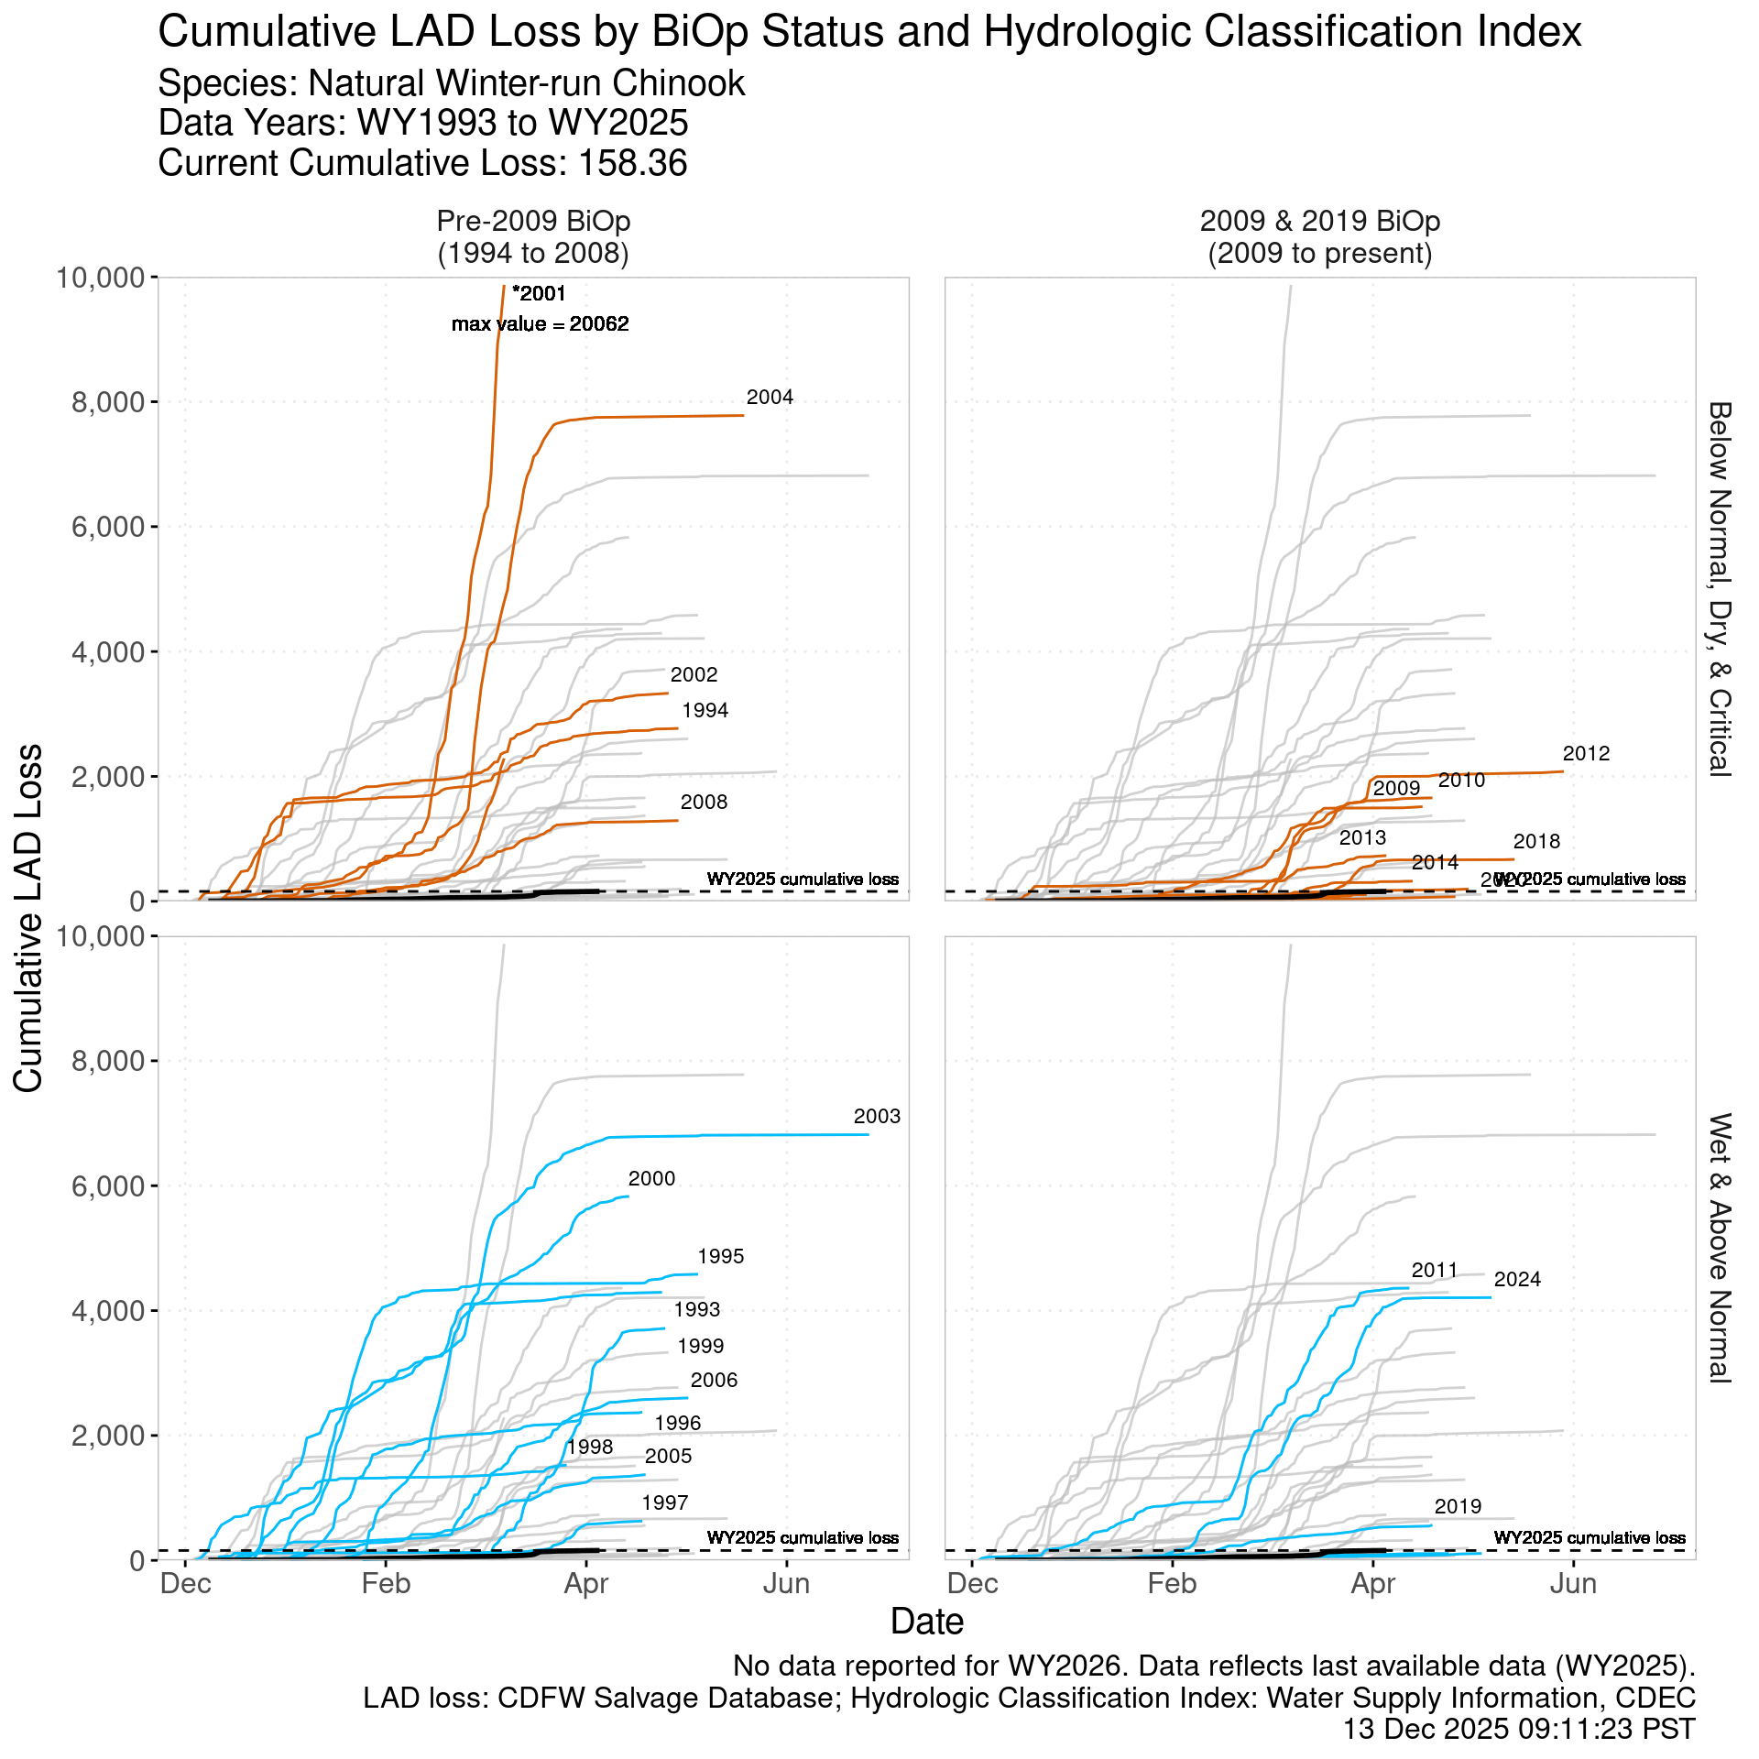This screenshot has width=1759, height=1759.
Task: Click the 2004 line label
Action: coord(770,398)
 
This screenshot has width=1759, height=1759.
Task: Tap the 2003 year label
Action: coord(877,1117)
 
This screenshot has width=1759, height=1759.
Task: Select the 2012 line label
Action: coord(1586,754)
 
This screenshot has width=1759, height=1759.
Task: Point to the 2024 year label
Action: coord(1517,1280)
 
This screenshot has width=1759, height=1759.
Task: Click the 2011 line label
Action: coord(1434,1271)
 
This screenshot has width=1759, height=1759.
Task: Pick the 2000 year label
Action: coord(651,1179)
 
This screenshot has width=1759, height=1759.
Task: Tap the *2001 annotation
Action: coord(540,294)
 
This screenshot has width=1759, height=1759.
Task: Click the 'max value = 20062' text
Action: coord(541,324)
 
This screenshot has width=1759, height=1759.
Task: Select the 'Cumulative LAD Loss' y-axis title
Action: coord(29,917)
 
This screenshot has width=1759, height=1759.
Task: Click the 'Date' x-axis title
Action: coord(926,1622)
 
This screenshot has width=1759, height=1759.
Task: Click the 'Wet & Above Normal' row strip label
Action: coord(1719,1248)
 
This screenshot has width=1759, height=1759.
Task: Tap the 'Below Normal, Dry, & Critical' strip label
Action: coord(1719,588)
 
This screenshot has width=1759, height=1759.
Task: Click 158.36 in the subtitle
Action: coord(632,164)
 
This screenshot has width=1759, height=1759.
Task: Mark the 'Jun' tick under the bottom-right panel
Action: coord(1573,1584)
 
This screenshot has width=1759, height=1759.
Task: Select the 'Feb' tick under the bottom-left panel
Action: coord(386,1584)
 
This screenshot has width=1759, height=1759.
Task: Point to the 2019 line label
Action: coord(1458,1507)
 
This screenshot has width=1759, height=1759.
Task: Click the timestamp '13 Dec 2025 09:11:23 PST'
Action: coord(1518,1729)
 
